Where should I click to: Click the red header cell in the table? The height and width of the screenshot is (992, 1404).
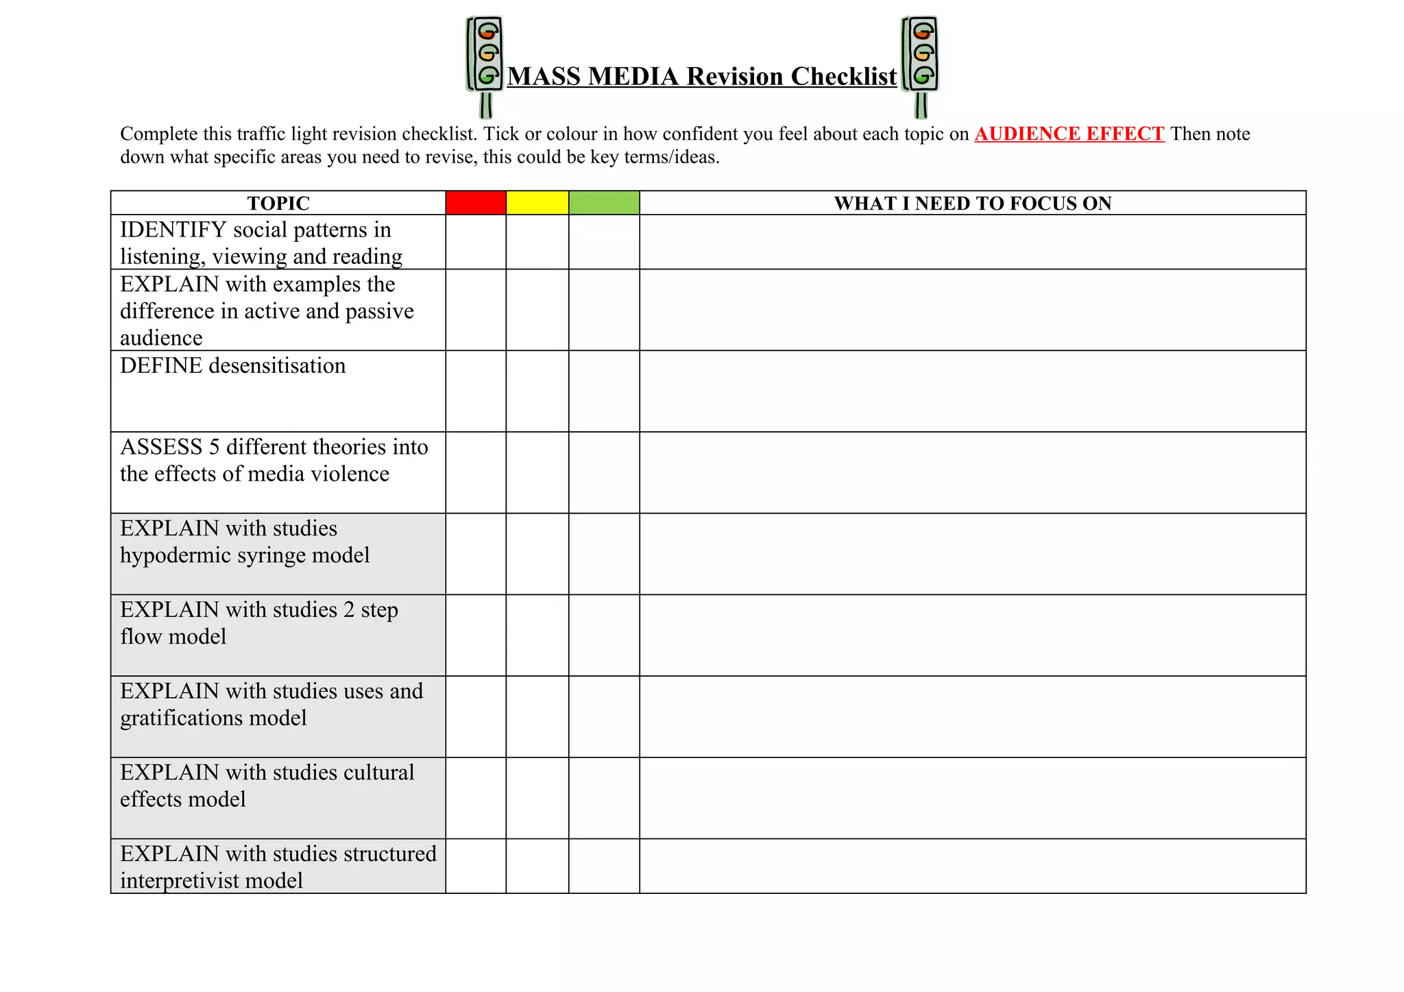(476, 203)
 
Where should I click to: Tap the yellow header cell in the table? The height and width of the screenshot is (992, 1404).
(537, 203)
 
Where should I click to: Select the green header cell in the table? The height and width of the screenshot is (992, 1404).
(604, 203)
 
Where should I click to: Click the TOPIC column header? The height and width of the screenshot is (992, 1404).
(278, 204)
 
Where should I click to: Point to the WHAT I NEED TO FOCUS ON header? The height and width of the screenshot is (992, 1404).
(972, 204)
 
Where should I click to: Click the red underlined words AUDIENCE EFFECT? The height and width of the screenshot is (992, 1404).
(1069, 134)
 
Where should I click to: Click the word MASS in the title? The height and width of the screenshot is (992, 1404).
(544, 77)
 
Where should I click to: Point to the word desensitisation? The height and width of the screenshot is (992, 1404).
(277, 365)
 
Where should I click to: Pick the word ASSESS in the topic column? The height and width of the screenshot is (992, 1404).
(161, 447)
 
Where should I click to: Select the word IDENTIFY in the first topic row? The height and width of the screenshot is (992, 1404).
(173, 230)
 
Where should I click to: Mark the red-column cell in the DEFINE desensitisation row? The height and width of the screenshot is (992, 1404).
(476, 391)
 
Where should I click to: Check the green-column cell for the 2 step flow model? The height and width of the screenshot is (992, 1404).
(604, 636)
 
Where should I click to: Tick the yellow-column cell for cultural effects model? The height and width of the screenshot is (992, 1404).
(537, 798)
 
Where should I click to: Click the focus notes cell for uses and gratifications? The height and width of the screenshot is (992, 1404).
(972, 716)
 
